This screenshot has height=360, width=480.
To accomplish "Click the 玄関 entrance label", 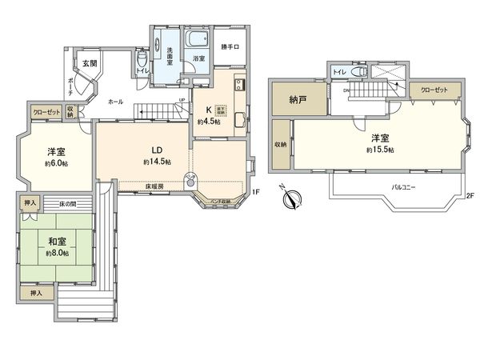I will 87,63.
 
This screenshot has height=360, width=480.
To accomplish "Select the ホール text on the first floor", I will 116,102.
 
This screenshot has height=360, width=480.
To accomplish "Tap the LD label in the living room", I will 158,149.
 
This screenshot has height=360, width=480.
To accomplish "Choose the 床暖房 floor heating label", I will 156,187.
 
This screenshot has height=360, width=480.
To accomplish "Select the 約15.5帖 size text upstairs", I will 379,150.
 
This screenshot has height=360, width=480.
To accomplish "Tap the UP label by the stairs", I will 182,100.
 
